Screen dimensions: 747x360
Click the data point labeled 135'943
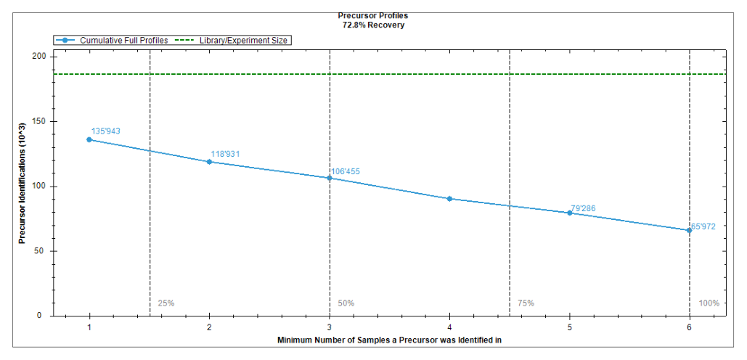point(89,139)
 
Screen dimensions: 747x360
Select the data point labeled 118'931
point(209,162)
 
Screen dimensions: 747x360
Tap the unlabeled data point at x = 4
point(449,199)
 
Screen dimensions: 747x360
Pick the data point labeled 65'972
point(689,231)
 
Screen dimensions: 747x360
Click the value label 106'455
point(346,171)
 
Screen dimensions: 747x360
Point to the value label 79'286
point(583,208)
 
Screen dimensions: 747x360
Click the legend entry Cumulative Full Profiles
point(112,41)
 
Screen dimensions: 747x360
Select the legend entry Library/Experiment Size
point(232,41)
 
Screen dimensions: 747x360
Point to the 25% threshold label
point(166,303)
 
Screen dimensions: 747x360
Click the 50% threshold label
point(346,303)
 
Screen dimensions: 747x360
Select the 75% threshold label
point(526,303)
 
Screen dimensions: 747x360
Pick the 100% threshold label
point(709,303)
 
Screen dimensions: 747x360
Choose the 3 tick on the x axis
point(329,327)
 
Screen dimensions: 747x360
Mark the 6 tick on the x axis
point(690,327)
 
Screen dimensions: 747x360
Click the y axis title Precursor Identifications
point(22,186)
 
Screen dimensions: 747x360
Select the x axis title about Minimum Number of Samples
point(390,340)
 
